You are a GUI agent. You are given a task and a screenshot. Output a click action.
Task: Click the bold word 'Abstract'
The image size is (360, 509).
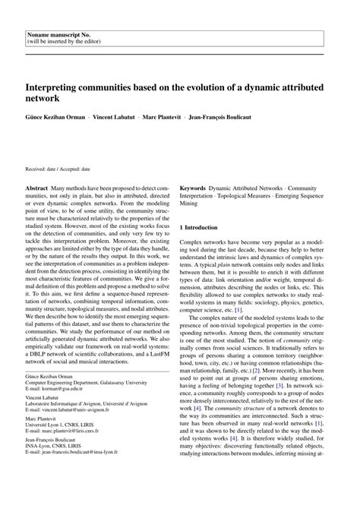(38, 187)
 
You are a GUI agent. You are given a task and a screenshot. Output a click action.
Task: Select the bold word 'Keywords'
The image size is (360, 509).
(195, 187)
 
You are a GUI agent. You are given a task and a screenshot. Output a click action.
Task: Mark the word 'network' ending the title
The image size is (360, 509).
(45, 99)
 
